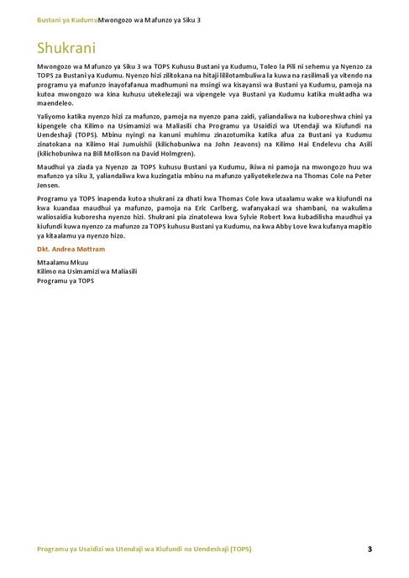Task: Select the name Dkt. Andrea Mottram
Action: coord(71,250)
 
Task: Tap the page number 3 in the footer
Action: coord(369,549)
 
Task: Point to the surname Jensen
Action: coord(51,186)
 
